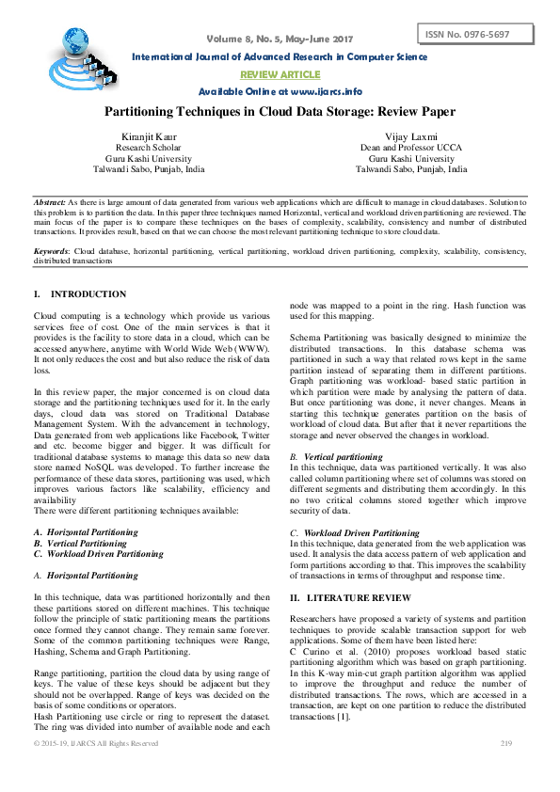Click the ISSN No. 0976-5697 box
(474, 35)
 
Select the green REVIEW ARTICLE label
(280, 74)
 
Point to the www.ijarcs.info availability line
(280, 91)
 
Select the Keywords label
(51, 252)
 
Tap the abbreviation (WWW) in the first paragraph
(251, 347)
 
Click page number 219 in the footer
(505, 743)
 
